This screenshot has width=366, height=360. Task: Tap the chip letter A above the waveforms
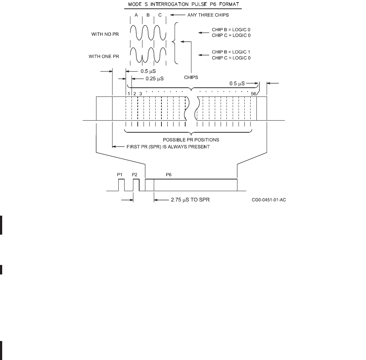click(136, 15)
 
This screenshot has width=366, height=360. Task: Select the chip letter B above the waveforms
click(148, 15)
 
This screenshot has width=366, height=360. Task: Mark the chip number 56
click(253, 94)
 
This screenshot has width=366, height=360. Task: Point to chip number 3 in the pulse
click(141, 94)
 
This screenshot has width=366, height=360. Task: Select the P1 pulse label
click(120, 175)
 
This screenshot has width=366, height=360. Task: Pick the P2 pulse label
click(135, 175)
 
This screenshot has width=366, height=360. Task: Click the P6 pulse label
click(168, 175)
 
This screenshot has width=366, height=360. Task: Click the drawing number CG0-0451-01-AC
click(268, 200)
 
